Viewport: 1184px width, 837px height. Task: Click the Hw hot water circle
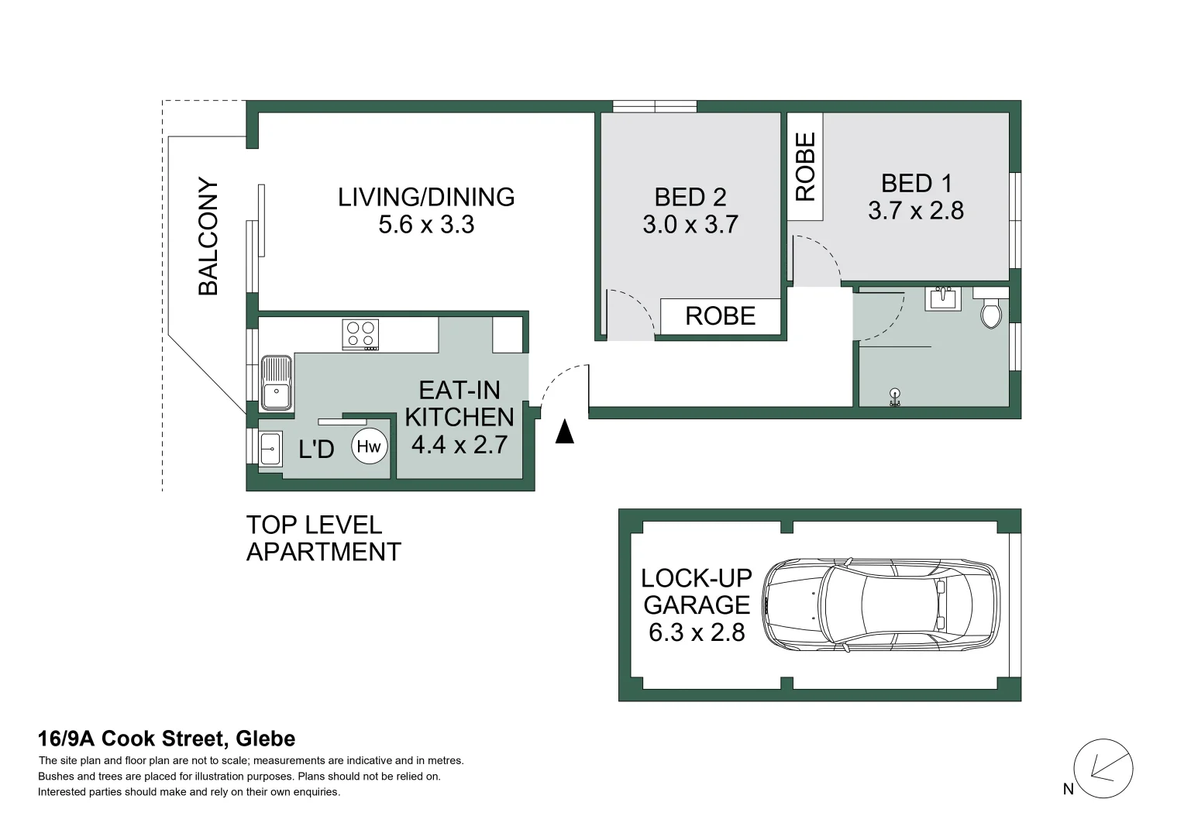pyautogui.click(x=370, y=446)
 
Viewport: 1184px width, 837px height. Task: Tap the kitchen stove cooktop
pyautogui.click(x=360, y=335)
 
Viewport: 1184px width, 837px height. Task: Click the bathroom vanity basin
pyautogui.click(x=942, y=298)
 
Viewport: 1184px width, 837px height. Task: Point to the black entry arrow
pyautogui.click(x=565, y=431)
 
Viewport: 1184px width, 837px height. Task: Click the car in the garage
pyautogui.click(x=881, y=604)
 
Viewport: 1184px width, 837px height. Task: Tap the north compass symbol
pyautogui.click(x=1103, y=769)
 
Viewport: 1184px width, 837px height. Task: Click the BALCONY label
pyautogui.click(x=208, y=236)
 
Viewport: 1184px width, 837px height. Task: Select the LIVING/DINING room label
pyautogui.click(x=426, y=197)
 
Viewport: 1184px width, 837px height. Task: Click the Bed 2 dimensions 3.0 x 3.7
pyautogui.click(x=690, y=225)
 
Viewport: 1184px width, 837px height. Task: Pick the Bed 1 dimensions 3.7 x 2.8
pyautogui.click(x=916, y=211)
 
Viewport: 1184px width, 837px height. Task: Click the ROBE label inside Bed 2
pyautogui.click(x=721, y=316)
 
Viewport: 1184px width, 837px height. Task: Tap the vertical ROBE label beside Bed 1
pyautogui.click(x=805, y=167)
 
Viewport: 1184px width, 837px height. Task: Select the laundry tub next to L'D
pyautogui.click(x=270, y=449)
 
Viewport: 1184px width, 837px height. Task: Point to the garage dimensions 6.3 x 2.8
pyautogui.click(x=697, y=632)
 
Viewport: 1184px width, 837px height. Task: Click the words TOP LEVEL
pyautogui.click(x=314, y=525)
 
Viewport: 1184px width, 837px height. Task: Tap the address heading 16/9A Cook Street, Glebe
pyautogui.click(x=167, y=739)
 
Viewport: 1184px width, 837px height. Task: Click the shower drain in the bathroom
pyautogui.click(x=895, y=393)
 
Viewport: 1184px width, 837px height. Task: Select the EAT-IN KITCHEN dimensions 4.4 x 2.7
pyautogui.click(x=459, y=445)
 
